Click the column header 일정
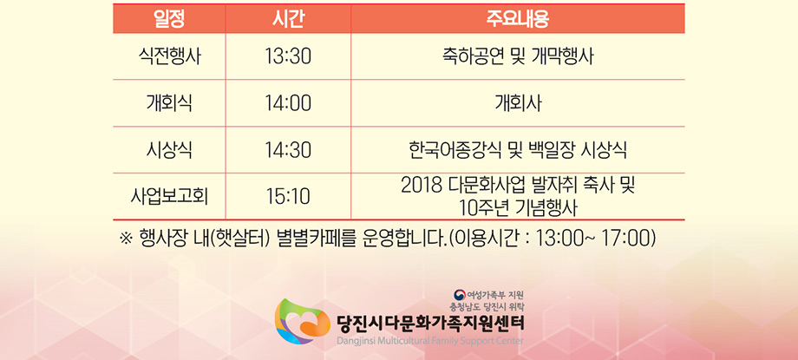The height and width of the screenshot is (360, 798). click(x=169, y=19)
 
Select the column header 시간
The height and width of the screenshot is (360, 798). click(x=288, y=19)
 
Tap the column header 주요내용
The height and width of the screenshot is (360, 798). click(x=518, y=19)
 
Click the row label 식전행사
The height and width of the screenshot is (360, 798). click(x=169, y=56)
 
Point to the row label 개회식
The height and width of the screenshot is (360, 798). click(x=169, y=104)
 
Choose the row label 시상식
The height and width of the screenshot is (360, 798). click(x=169, y=150)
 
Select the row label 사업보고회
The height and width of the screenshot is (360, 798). click(x=169, y=197)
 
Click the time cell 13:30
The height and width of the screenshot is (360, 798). click(x=288, y=56)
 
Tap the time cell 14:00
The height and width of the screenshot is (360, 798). click(x=288, y=104)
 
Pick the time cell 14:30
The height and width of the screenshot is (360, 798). click(x=288, y=150)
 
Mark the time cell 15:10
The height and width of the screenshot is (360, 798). click(x=288, y=197)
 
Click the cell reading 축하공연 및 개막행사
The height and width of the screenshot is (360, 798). click(x=518, y=56)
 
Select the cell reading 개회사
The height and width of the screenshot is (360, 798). click(x=518, y=104)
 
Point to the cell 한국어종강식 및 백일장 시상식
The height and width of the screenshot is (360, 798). click(x=518, y=150)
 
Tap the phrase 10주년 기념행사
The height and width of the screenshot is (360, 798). click(x=518, y=207)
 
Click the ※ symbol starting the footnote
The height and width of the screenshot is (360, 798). click(x=125, y=239)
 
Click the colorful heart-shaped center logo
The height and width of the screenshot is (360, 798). click(x=303, y=321)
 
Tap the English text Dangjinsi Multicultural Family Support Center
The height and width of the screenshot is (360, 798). click(x=429, y=340)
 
